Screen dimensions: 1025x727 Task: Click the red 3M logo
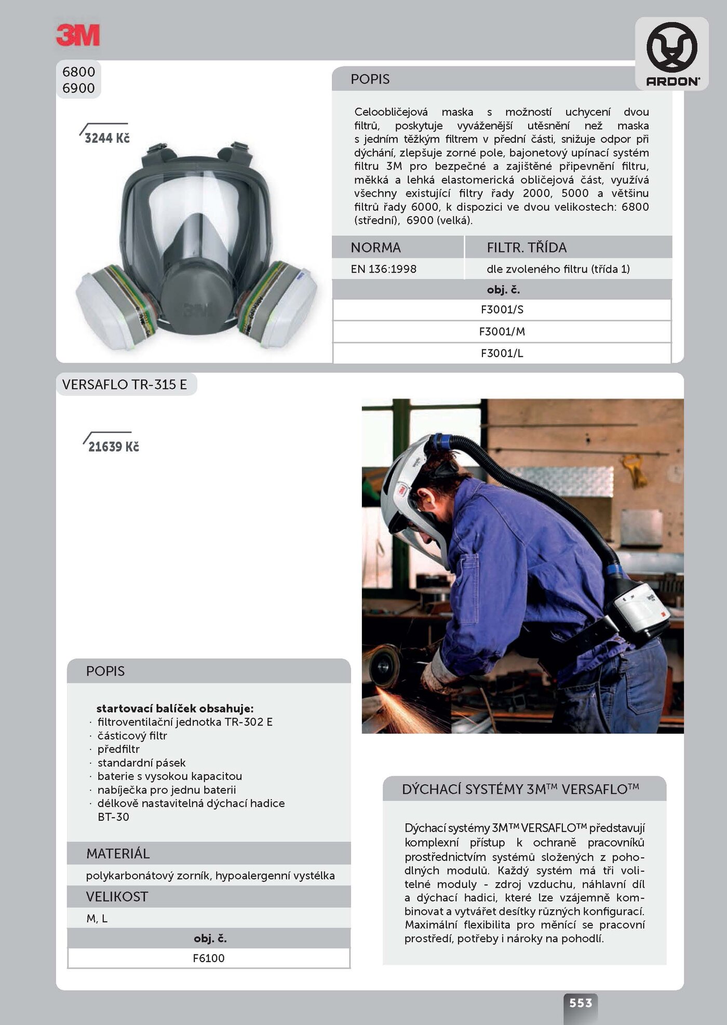coord(78,35)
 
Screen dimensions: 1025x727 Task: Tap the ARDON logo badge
coord(672,53)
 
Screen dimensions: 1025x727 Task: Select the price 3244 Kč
coord(107,138)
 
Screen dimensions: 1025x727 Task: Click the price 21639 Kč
coord(113,447)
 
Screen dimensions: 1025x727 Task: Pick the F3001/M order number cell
coord(502,331)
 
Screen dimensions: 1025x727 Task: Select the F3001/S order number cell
coord(502,309)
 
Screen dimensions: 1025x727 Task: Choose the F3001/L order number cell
coord(502,353)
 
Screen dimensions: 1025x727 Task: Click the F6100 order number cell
coord(209,958)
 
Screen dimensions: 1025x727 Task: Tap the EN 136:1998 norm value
coord(384,269)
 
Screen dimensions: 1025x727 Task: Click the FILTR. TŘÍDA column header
coord(527,247)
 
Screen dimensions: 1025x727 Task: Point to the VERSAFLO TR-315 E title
coord(125,384)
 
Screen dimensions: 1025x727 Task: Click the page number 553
coord(581,1003)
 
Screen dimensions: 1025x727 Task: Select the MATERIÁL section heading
coord(118,853)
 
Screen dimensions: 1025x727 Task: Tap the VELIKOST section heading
coord(117,896)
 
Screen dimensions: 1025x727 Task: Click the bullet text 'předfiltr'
coord(119,749)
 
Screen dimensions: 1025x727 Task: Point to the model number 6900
coord(78,88)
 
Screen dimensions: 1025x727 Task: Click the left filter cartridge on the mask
coord(117,306)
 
